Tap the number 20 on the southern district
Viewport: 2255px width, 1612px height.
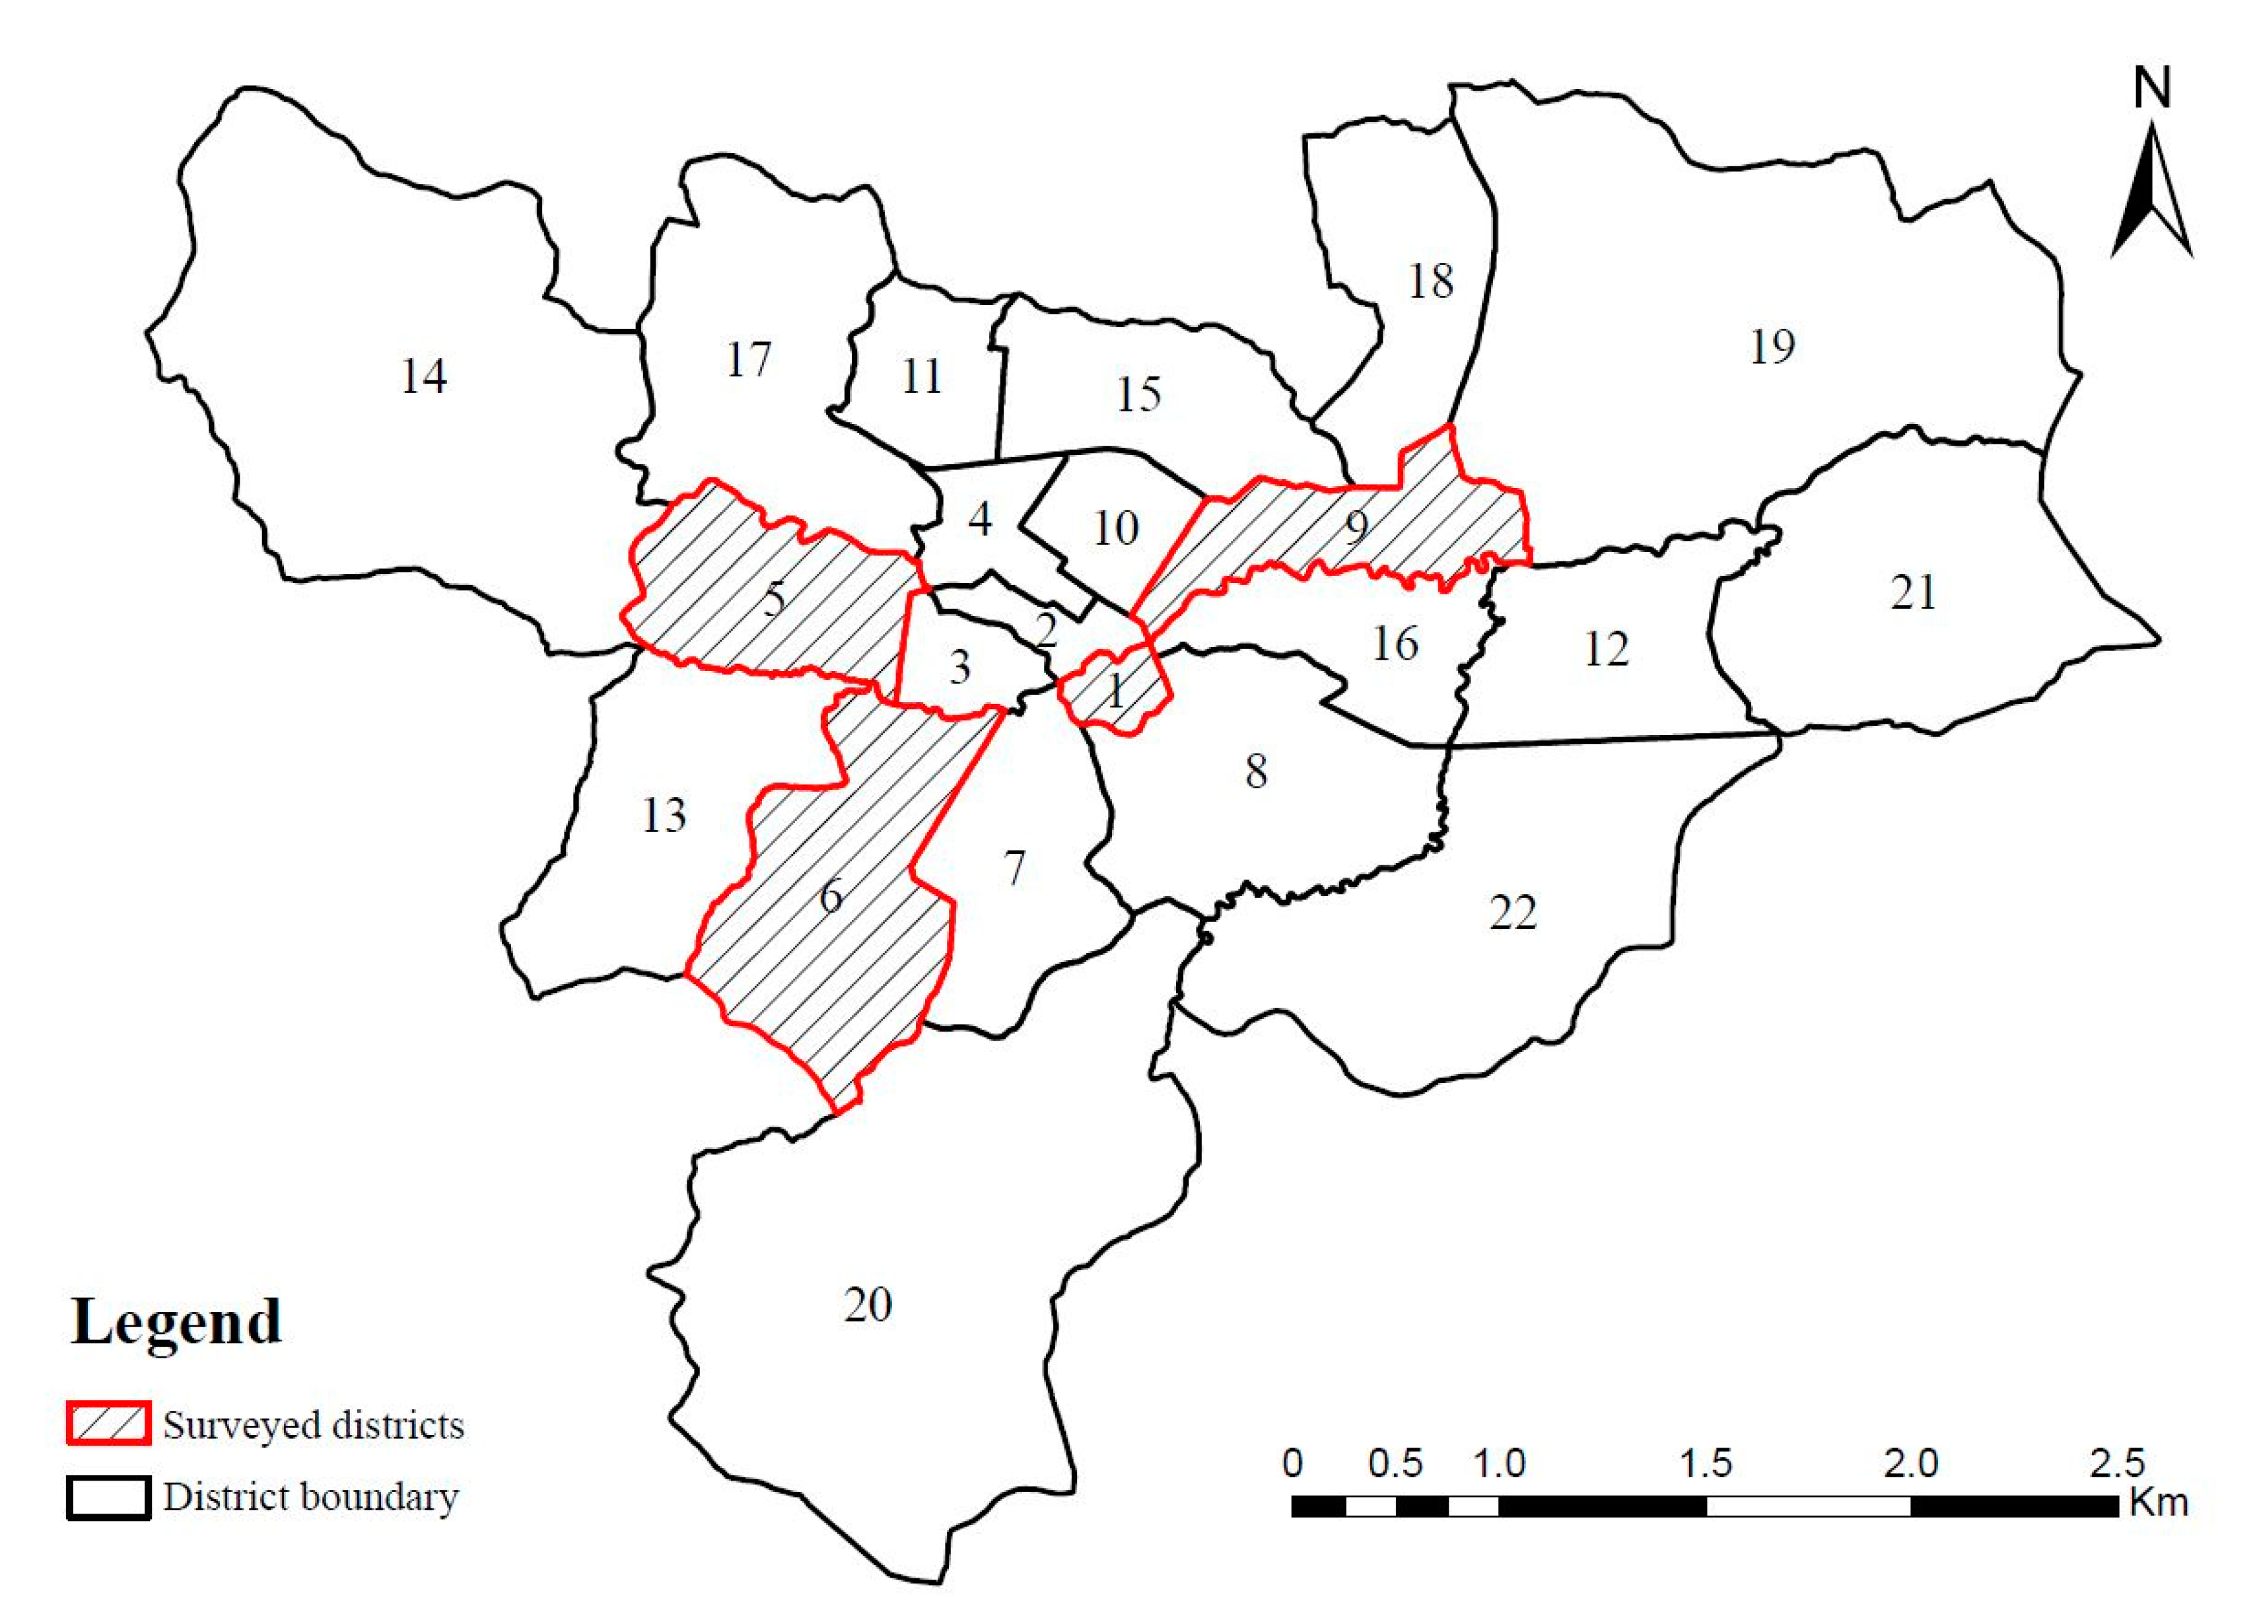click(868, 1304)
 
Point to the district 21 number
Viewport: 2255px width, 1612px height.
click(1912, 592)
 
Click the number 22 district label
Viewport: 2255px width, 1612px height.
click(1513, 912)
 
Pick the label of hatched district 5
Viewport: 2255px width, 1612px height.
click(774, 598)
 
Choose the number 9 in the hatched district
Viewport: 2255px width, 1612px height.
click(1357, 527)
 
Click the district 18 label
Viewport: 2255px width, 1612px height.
click(1430, 281)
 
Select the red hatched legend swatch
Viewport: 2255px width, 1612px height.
click(108, 1423)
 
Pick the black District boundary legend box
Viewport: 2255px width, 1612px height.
click(108, 1497)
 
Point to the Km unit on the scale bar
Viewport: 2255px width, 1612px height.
click(2159, 1502)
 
